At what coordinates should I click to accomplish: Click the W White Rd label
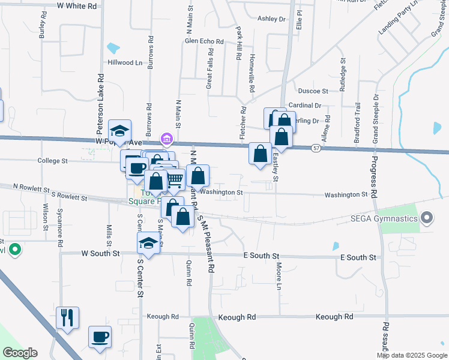point(77,5)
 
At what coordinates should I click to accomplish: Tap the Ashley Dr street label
point(271,19)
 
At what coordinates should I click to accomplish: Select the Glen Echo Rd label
point(204,41)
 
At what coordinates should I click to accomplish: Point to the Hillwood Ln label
point(125,62)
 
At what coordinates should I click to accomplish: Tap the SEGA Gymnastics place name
point(384,218)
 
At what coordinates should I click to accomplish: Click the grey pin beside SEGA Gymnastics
point(427,217)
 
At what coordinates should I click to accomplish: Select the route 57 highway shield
point(316,148)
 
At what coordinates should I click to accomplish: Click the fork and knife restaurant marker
point(67,317)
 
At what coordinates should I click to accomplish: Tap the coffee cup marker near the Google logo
point(100,337)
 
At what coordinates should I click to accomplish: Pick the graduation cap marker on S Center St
point(148,243)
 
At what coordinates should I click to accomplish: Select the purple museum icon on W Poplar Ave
point(167,140)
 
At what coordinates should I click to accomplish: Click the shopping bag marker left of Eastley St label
point(260,154)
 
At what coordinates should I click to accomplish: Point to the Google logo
point(20,353)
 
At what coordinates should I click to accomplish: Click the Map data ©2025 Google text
point(411,355)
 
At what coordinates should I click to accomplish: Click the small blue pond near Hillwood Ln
point(112,47)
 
